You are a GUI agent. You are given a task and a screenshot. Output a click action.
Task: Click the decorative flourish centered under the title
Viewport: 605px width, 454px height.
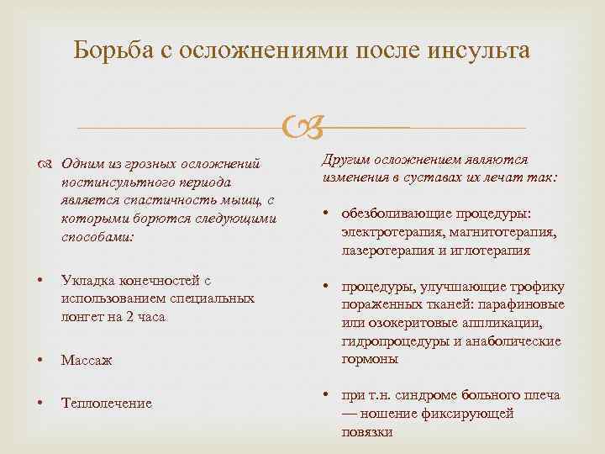pos(302,128)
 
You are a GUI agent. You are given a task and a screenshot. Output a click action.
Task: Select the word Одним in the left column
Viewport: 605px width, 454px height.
pos(82,164)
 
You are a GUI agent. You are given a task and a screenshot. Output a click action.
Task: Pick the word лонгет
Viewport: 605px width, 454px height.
pos(82,317)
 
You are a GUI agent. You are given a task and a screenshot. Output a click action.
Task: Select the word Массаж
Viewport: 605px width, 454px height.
pos(87,360)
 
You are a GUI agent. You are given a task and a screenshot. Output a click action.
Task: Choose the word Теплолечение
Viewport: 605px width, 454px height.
pos(107,404)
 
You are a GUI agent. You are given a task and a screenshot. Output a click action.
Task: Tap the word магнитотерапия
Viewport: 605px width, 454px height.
pos(498,232)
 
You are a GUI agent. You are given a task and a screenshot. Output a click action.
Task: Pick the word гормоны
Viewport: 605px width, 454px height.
pos(371,358)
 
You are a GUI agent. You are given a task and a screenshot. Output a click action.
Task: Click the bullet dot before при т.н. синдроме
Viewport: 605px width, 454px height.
pos(326,395)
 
